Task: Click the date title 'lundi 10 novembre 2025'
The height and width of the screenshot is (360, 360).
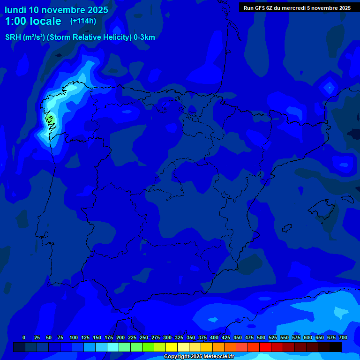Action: [56, 10]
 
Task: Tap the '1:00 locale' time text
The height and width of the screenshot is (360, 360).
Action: [33, 22]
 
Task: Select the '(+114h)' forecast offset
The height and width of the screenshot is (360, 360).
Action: [83, 21]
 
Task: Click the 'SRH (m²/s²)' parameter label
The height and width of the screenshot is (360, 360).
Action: [25, 37]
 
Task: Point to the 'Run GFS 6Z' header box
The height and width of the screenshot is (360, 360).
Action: [297, 8]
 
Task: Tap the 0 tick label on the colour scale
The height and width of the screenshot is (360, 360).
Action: [24, 337]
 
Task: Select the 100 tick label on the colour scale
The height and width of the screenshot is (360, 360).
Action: [73, 337]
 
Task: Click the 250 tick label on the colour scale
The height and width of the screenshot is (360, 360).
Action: [144, 337]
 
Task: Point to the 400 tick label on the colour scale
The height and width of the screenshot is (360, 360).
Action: [214, 337]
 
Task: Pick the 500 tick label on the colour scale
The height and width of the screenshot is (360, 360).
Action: [261, 337]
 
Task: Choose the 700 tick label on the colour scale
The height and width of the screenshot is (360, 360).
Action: [343, 337]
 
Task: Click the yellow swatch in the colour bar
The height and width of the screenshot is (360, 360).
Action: [172, 347]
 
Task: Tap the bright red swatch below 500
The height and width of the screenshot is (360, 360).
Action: [265, 347]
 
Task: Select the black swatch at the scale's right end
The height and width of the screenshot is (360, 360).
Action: [336, 347]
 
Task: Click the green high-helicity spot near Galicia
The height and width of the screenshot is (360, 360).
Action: [50, 119]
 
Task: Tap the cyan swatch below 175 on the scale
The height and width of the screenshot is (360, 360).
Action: [113, 347]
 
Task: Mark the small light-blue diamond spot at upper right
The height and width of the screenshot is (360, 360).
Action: [329, 87]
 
